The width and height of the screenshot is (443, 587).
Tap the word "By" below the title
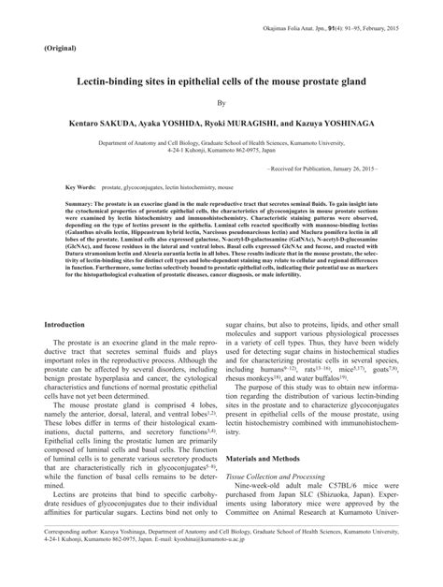221,104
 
